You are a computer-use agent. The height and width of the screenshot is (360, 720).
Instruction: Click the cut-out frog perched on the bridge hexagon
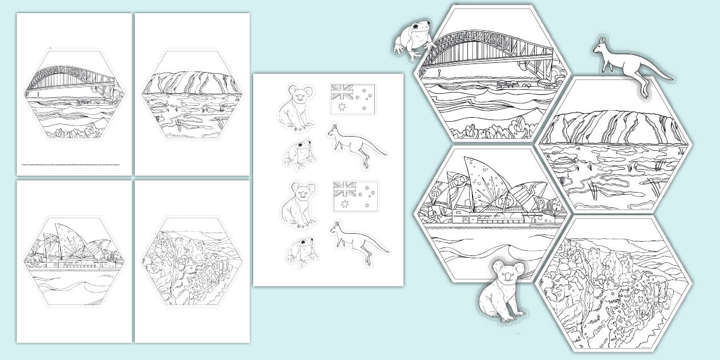[x=413, y=40]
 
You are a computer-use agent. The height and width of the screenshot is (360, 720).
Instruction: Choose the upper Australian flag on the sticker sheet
[x=353, y=99]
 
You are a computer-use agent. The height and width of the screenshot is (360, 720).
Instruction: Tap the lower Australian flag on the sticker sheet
[x=355, y=196]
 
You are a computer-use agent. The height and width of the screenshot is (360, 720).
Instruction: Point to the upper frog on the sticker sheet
[x=298, y=154]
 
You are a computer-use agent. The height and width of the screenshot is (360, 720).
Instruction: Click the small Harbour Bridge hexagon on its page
[x=75, y=94]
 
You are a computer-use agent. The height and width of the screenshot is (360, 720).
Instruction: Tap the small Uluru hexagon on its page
[x=192, y=94]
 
